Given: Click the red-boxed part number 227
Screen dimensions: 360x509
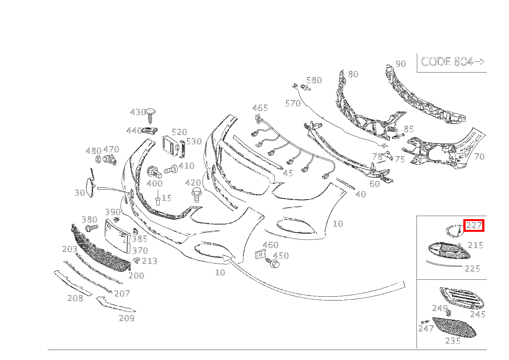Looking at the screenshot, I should tap(474, 226).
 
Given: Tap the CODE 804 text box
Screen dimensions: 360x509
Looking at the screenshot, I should tap(452, 62).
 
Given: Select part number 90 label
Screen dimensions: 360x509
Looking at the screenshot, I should tap(400, 64).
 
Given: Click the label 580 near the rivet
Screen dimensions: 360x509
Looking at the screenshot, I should tap(314, 80).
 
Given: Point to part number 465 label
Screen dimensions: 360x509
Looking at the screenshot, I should tap(260, 108).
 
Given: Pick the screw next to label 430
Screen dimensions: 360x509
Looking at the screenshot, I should tap(150, 114).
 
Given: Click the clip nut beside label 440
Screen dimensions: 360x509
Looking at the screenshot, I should tap(150, 130).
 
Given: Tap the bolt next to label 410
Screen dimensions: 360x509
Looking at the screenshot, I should tap(170, 169).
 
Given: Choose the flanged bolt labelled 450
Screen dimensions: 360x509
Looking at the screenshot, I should tap(274, 263).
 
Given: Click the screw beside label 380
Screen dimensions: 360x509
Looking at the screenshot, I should tap(91, 229).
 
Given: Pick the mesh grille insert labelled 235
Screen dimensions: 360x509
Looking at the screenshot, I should tap(455, 327).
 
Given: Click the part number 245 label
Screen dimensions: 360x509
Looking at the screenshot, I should tap(478, 314).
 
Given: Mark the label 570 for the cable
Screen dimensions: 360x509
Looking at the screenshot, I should tap(293, 103).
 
